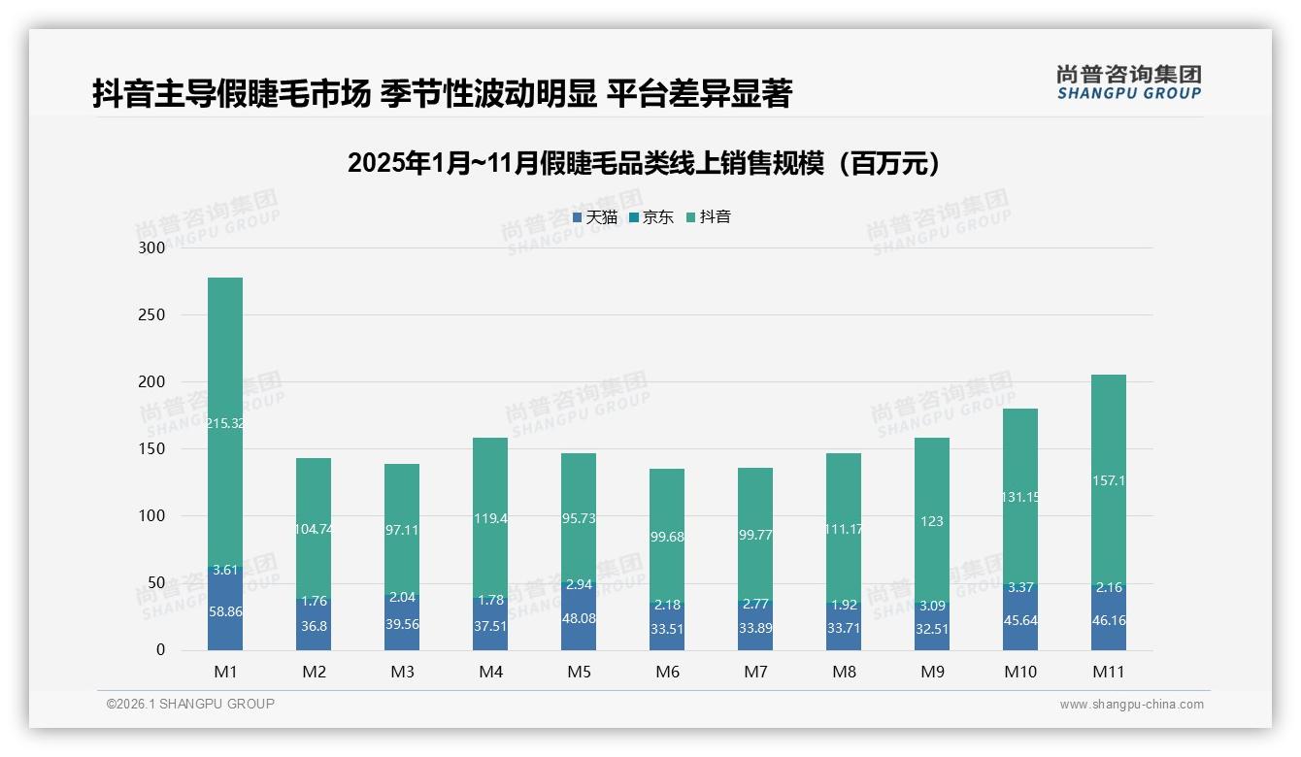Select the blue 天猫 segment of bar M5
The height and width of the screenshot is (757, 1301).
coord(579,618)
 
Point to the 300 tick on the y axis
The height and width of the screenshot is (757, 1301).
coord(151,247)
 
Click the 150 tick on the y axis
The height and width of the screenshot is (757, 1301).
coord(151,449)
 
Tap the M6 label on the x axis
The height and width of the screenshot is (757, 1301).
coord(667,672)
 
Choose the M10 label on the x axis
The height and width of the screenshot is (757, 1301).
coord(1019,672)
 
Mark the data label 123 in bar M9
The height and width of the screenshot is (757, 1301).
coord(931,521)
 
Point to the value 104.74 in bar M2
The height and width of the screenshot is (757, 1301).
coord(314,529)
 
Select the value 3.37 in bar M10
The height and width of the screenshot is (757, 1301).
coord(1019,586)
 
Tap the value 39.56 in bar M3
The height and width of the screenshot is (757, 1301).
coord(402,624)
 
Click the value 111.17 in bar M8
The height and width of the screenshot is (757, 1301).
coord(843,529)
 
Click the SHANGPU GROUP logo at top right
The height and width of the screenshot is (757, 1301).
coord(1128,82)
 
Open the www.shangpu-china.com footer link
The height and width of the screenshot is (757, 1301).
coord(1131,705)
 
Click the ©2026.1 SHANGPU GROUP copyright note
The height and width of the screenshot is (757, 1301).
coord(190,704)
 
